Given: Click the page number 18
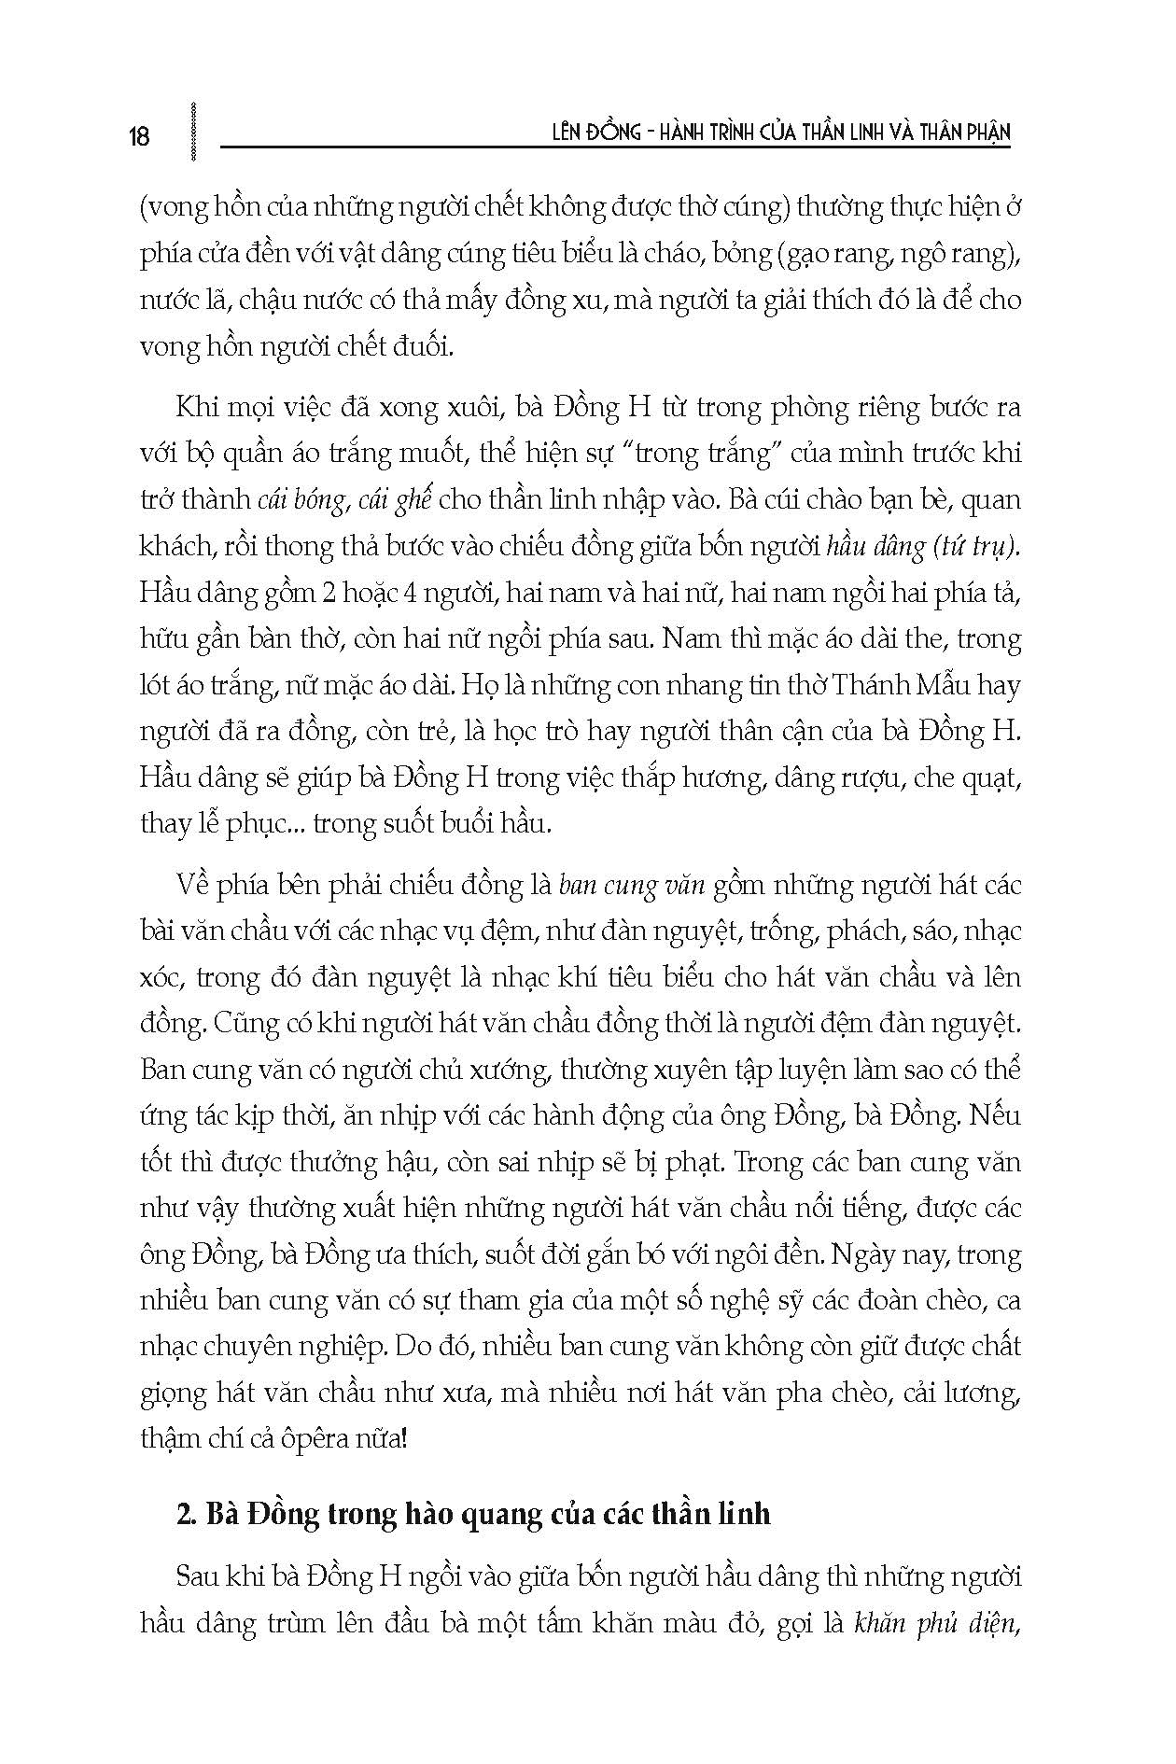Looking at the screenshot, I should [138, 136].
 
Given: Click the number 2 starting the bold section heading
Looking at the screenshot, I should [183, 1513].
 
